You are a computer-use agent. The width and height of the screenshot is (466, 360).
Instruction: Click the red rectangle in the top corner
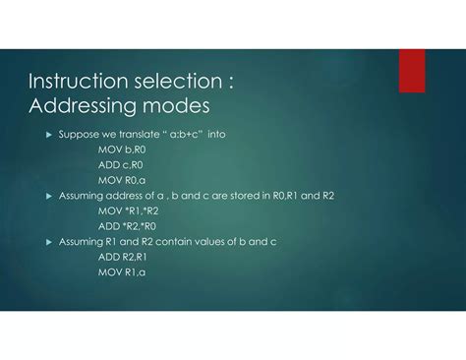tap(412, 70)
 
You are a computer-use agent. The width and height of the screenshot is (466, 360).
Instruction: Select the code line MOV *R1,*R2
tap(128, 210)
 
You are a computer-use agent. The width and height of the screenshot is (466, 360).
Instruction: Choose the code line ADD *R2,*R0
tap(128, 225)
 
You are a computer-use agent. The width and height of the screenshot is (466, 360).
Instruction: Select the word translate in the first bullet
tap(133, 134)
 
